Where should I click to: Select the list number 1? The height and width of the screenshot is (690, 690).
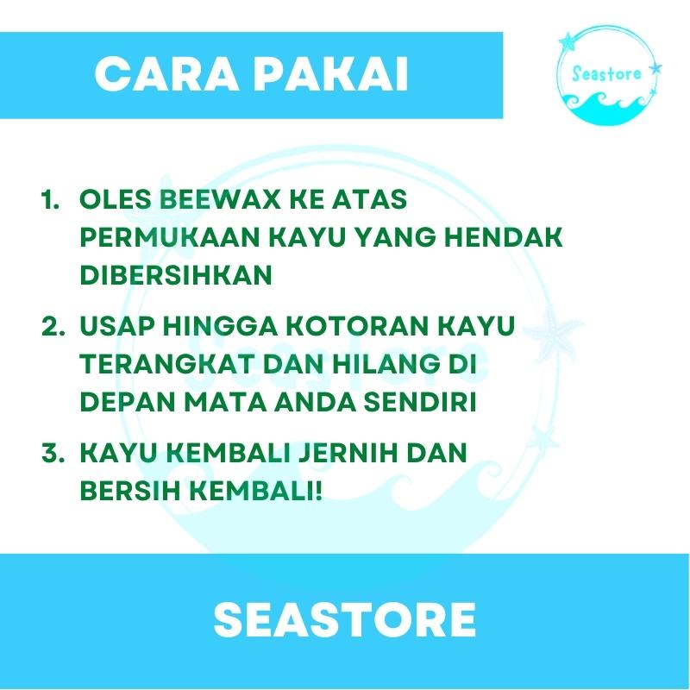pyautogui.click(x=50, y=200)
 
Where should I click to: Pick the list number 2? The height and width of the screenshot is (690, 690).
pyautogui.click(x=53, y=327)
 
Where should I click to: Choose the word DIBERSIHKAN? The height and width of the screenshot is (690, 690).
pyautogui.click(x=176, y=275)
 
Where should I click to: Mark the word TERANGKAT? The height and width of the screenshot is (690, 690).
pyautogui.click(x=167, y=364)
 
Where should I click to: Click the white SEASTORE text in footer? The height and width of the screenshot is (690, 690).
pyautogui.click(x=344, y=619)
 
